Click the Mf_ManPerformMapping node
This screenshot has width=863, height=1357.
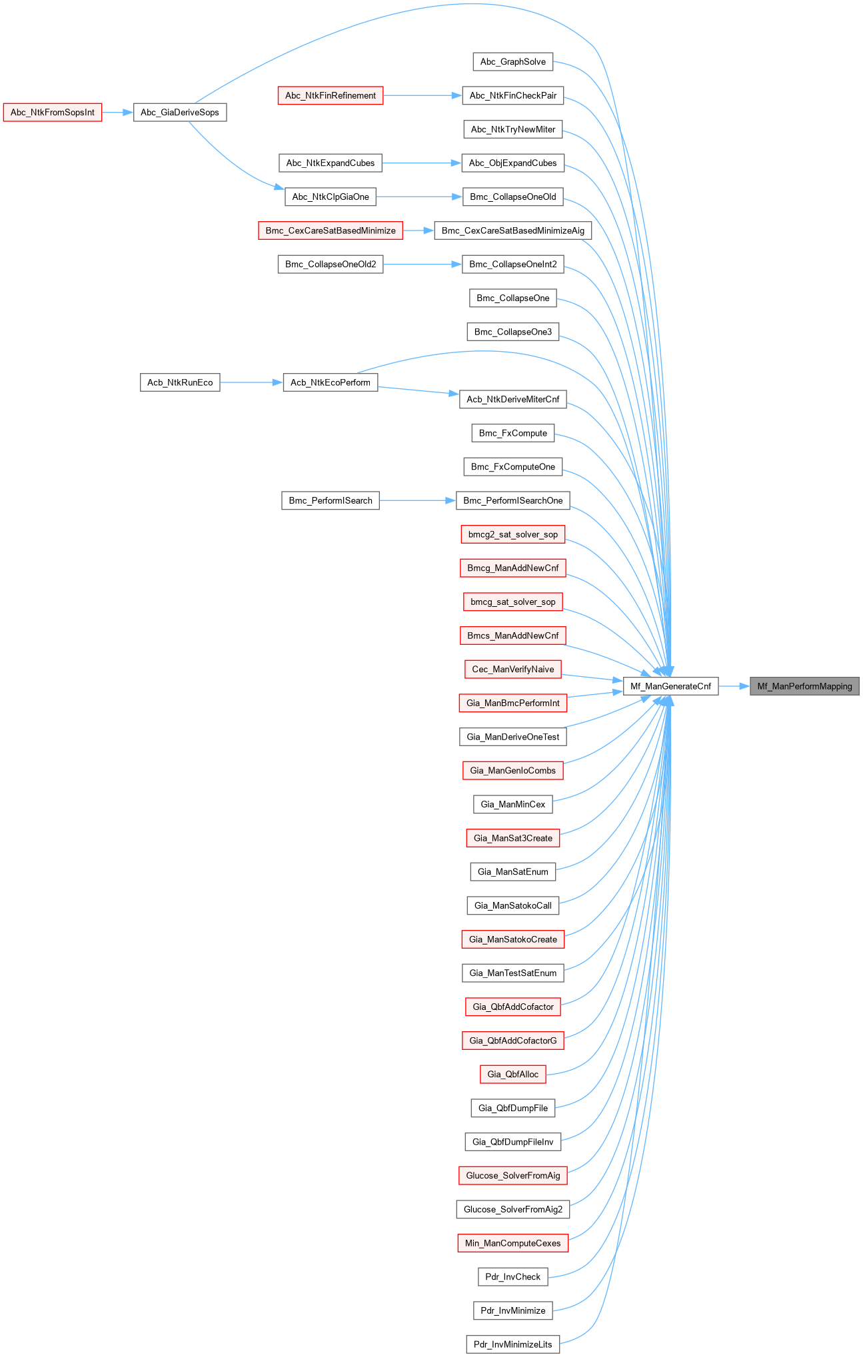pyautogui.click(x=804, y=686)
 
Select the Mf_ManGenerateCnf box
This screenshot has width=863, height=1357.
pyautogui.click(x=670, y=686)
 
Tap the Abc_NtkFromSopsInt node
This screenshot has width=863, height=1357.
pyautogui.click(x=53, y=112)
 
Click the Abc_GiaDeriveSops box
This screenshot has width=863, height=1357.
pyautogui.click(x=180, y=112)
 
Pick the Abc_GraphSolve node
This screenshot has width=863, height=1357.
pyautogui.click(x=513, y=62)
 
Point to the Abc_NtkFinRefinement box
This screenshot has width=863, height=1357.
pyautogui.click(x=331, y=95)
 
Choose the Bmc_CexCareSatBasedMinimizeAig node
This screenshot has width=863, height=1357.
pyautogui.click(x=513, y=230)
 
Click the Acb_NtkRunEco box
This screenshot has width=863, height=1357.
pyautogui.click(x=180, y=382)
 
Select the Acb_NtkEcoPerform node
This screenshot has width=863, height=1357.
pyautogui.click(x=331, y=382)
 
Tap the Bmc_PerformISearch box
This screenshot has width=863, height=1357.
pyautogui.click(x=331, y=500)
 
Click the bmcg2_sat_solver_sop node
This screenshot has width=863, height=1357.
pyautogui.click(x=513, y=534)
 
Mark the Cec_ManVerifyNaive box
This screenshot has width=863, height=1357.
pyautogui.click(x=513, y=669)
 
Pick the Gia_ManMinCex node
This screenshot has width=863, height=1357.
pyautogui.click(x=513, y=804)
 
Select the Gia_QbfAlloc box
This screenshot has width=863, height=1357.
pyautogui.click(x=513, y=1074)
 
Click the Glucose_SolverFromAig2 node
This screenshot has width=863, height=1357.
pyautogui.click(x=513, y=1209)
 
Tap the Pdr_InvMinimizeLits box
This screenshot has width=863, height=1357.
pyautogui.click(x=513, y=1344)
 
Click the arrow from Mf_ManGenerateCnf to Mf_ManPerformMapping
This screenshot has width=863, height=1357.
pyautogui.click(x=734, y=686)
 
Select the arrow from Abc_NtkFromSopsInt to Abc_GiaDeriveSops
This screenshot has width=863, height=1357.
pyautogui.click(x=118, y=113)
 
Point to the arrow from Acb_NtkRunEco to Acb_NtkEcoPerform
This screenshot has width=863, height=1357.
pyautogui.click(x=251, y=382)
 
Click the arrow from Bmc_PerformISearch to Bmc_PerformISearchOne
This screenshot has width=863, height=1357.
pyautogui.click(x=417, y=500)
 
